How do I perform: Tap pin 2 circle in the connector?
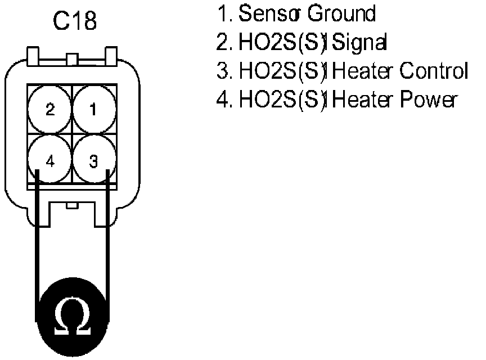click(50, 109)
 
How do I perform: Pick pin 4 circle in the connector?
click(50, 162)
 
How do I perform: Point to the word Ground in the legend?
click(341, 13)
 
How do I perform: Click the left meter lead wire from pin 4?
click(36, 236)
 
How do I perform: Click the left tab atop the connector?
click(33, 56)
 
